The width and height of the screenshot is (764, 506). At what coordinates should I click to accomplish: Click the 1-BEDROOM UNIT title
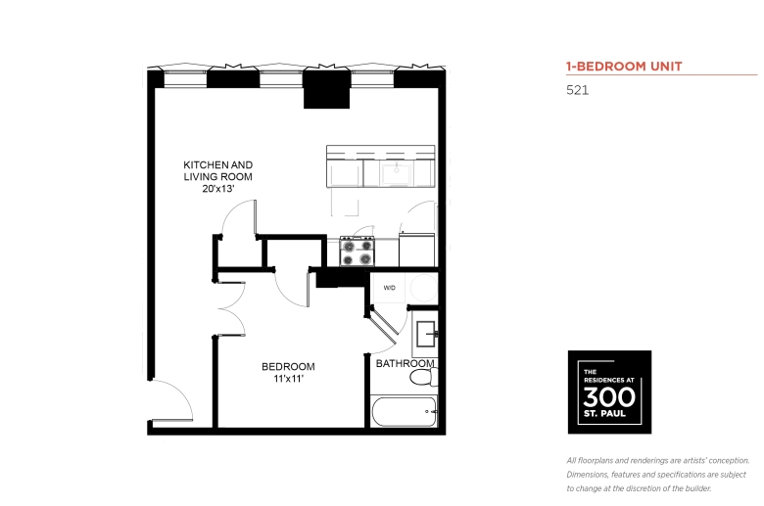click(x=624, y=67)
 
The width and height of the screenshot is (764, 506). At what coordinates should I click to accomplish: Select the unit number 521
click(x=577, y=90)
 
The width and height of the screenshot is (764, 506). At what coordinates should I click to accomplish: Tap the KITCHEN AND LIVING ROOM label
click(x=217, y=171)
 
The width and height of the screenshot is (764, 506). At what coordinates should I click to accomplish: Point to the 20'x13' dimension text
click(x=218, y=189)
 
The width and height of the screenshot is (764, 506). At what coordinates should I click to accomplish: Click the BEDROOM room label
click(x=288, y=366)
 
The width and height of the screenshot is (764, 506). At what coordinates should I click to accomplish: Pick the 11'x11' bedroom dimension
click(x=288, y=379)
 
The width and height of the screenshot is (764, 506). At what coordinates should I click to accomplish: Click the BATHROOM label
click(x=405, y=363)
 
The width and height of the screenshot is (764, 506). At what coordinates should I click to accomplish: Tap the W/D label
click(x=389, y=288)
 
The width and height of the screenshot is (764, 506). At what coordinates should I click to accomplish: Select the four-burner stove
click(x=358, y=252)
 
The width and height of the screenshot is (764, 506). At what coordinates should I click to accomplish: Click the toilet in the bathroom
click(x=423, y=377)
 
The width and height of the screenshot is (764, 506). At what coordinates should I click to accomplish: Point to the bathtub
click(x=404, y=412)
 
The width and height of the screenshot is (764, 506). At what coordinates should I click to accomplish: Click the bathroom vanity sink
click(x=426, y=334)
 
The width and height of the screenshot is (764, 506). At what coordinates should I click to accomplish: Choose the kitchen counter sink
click(x=397, y=174)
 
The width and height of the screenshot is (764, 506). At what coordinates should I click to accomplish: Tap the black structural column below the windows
click(x=326, y=89)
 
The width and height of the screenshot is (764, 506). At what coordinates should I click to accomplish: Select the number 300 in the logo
click(x=609, y=397)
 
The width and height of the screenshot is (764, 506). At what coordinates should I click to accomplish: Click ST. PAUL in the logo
click(x=604, y=414)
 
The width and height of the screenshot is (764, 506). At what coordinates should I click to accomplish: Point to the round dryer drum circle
click(x=423, y=288)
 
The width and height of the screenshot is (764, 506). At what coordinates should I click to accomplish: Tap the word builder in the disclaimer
click(x=698, y=488)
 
